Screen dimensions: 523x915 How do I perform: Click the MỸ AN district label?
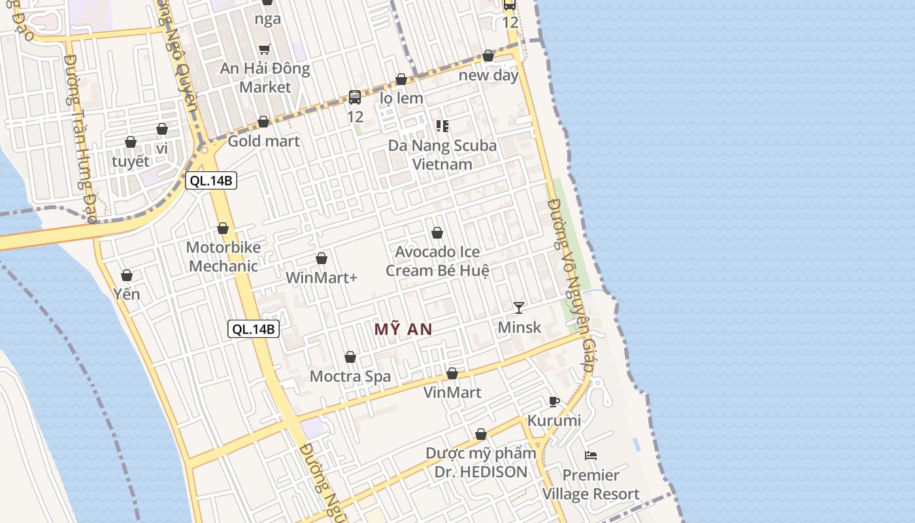[403, 329]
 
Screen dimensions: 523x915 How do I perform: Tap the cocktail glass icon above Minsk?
[519, 307]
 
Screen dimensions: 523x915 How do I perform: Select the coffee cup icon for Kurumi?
[554, 401]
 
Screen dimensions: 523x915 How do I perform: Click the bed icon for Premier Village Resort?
[591, 455]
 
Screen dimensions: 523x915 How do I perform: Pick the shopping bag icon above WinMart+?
[322, 258]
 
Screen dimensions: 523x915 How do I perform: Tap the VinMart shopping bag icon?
[452, 373]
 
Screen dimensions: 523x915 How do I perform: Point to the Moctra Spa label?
[350, 377]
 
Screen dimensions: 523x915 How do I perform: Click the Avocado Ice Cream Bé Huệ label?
[437, 261]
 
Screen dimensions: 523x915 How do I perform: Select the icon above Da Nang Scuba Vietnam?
[442, 126]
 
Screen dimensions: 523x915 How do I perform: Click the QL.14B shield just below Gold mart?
[211, 181]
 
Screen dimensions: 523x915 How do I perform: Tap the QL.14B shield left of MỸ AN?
[254, 329]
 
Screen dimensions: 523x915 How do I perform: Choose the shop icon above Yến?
[127, 275]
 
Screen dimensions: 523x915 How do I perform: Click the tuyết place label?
[131, 161]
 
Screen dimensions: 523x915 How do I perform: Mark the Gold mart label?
[263, 141]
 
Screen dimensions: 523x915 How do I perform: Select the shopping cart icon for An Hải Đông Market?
[265, 49]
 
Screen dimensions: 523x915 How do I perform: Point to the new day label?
[488, 75]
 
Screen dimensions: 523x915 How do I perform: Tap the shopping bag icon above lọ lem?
[401, 79]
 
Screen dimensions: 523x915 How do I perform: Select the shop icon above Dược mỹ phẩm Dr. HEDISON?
[481, 434]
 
